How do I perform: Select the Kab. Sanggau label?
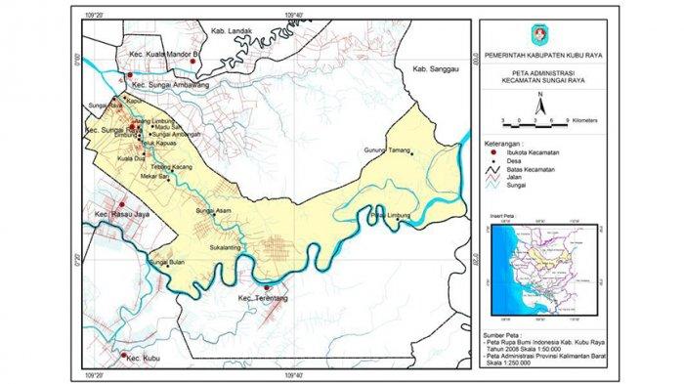point(435,68)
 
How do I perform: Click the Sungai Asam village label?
point(211,211)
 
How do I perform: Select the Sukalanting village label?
point(227,249)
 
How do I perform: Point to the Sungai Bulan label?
point(165,262)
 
